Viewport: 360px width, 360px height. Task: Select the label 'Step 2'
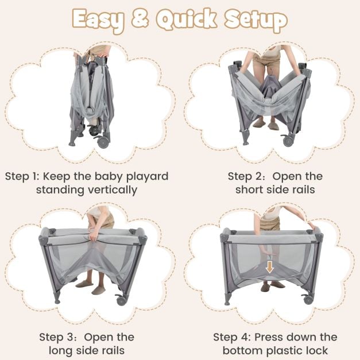pos(245,176)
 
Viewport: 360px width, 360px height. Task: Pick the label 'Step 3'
pos(57,337)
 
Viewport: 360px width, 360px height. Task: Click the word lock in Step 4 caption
pos(315,351)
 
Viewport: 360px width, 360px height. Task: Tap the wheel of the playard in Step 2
pos(288,141)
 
